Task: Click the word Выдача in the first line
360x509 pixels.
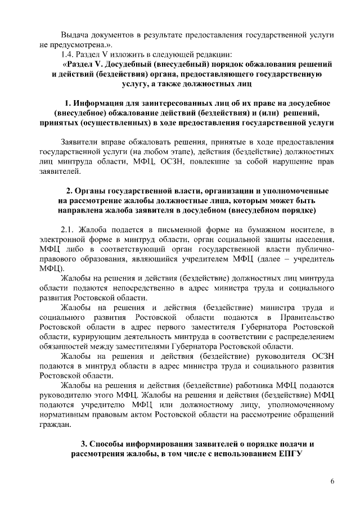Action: point(75,34)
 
